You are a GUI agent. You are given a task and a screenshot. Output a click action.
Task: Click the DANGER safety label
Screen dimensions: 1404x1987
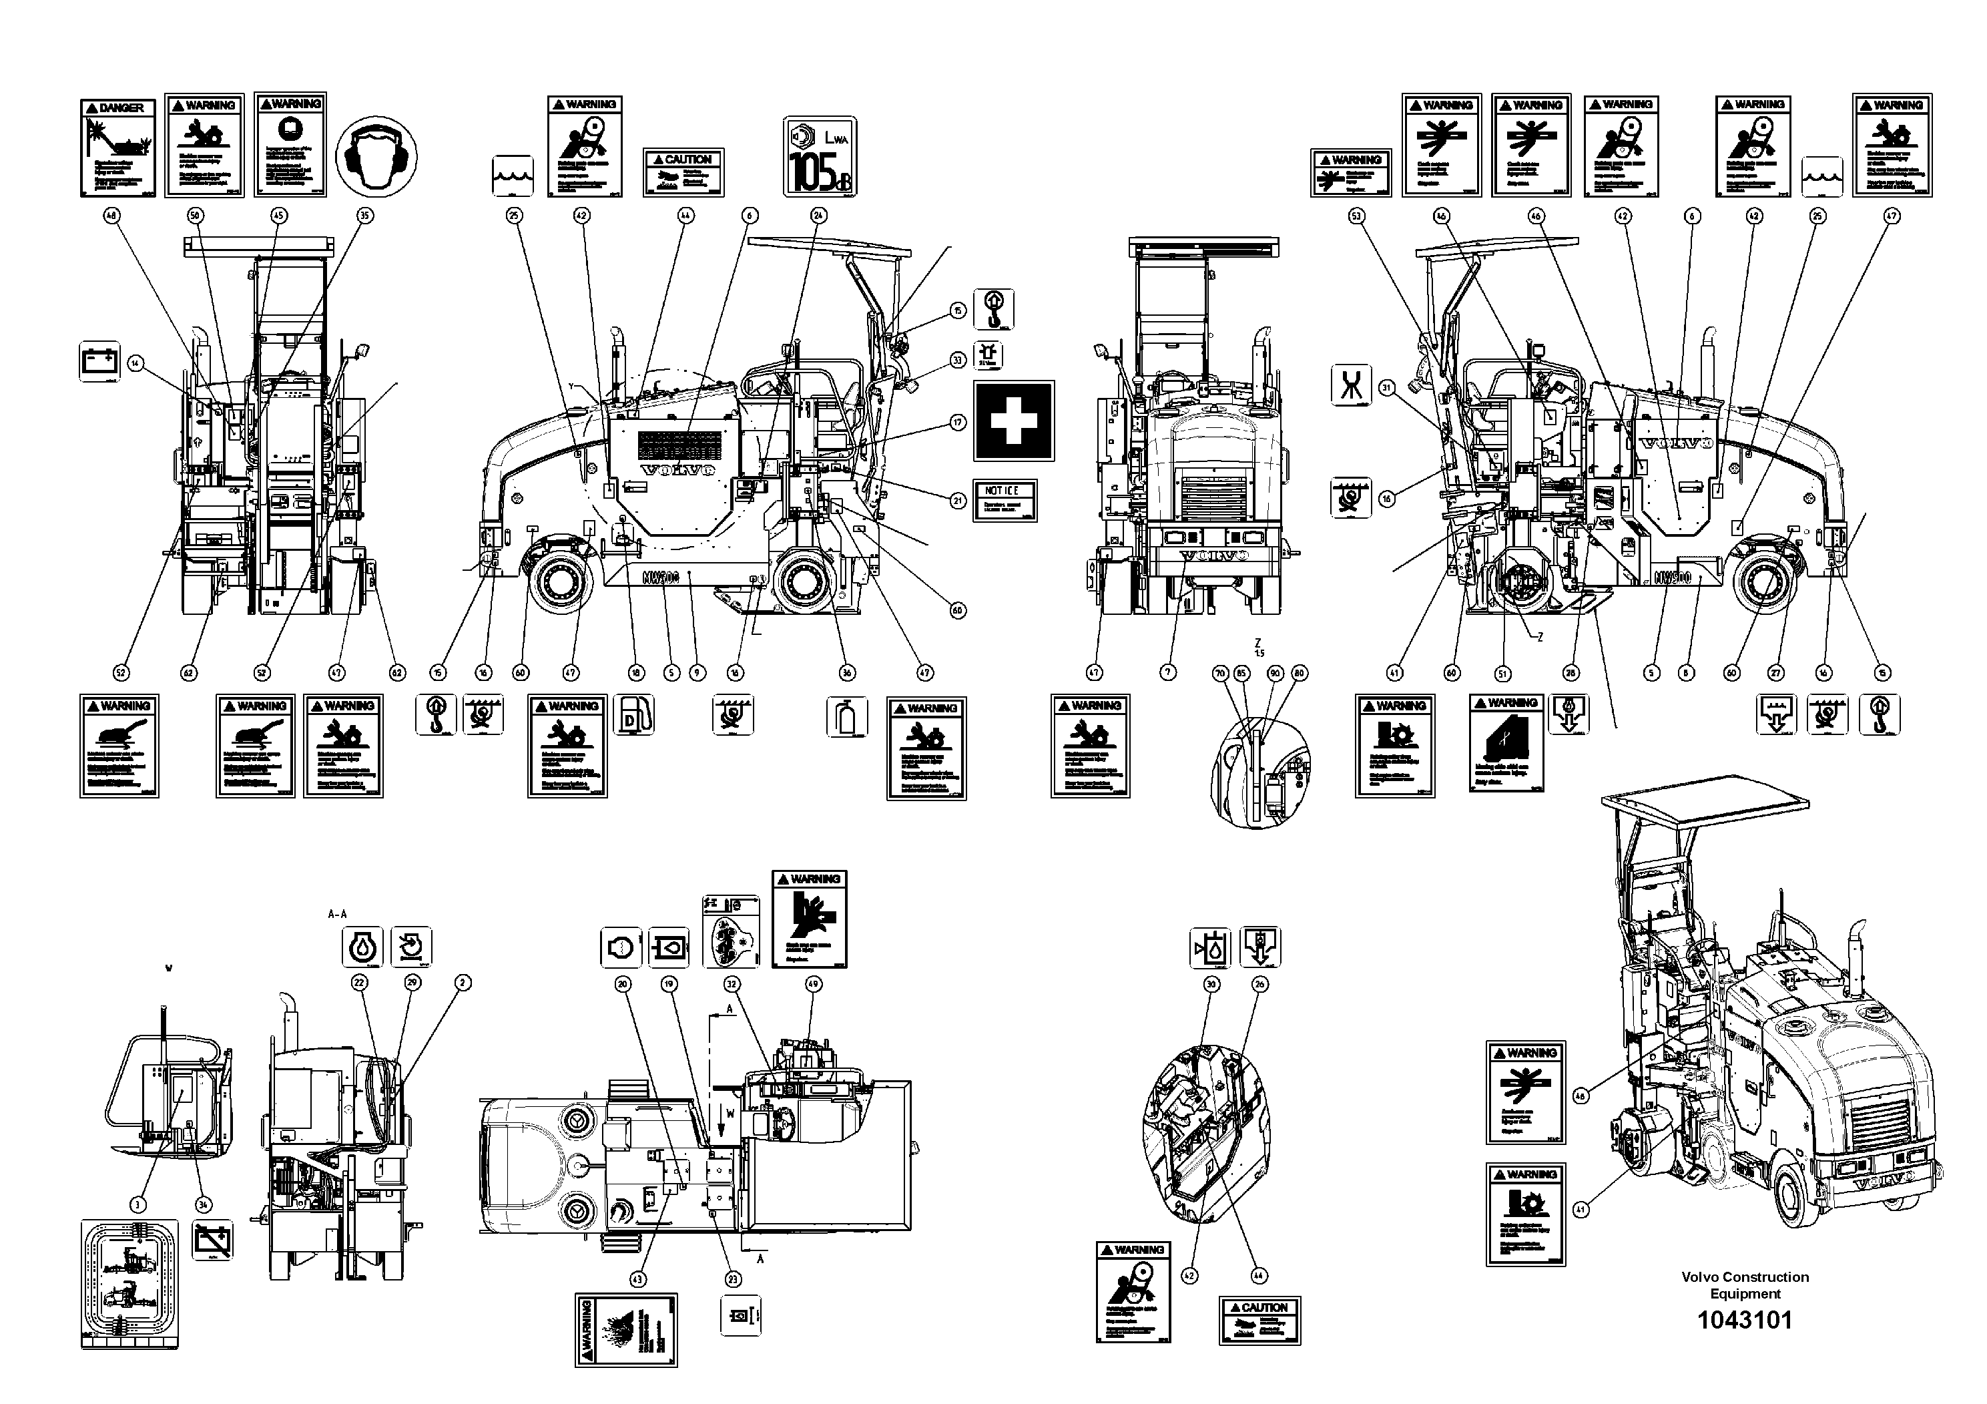click(117, 147)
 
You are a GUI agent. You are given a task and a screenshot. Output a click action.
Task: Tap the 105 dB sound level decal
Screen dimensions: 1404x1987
click(820, 157)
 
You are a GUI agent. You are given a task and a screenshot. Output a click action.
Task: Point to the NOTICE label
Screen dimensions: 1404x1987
click(1004, 499)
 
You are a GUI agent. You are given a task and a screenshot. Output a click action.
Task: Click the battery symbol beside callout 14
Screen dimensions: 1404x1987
click(100, 362)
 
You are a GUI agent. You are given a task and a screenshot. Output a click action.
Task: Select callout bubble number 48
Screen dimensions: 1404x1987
click(111, 216)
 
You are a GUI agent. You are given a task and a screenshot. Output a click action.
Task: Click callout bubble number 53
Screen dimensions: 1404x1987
click(1356, 216)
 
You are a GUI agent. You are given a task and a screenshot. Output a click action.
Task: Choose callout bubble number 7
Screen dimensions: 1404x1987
click(1167, 672)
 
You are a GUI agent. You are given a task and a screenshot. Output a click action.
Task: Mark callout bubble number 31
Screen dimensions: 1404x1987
click(1387, 389)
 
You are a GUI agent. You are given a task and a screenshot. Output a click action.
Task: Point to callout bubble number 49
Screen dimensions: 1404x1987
click(813, 984)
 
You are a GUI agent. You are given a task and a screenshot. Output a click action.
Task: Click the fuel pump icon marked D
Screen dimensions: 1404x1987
click(633, 716)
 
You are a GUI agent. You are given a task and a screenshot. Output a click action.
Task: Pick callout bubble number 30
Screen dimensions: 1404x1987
click(1211, 984)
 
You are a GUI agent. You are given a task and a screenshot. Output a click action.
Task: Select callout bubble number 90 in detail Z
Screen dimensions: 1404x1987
click(1274, 672)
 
